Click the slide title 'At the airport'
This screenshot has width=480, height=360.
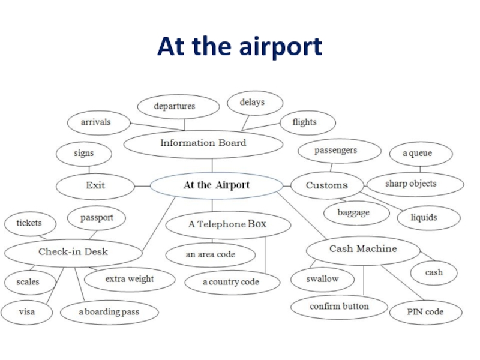click(x=239, y=46)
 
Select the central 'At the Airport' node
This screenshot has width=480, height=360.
click(x=216, y=185)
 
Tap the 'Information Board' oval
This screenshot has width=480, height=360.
click(x=203, y=143)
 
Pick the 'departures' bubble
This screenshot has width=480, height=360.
click(x=175, y=106)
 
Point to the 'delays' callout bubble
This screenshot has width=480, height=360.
click(x=252, y=103)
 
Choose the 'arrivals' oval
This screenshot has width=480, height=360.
click(x=96, y=122)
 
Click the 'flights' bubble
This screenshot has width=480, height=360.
click(x=304, y=122)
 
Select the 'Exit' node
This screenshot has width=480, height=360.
click(x=95, y=185)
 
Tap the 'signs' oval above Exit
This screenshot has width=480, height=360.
click(x=83, y=154)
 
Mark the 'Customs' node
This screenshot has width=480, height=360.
click(x=326, y=185)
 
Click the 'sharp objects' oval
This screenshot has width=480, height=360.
click(x=410, y=184)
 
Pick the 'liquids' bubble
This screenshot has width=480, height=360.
click(x=424, y=217)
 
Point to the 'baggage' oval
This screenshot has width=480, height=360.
click(x=353, y=212)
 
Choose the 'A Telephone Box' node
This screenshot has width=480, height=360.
click(x=227, y=224)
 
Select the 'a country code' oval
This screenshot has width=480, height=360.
click(x=231, y=282)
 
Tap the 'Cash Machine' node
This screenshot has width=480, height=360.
click(x=363, y=249)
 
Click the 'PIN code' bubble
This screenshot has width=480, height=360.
click(x=425, y=312)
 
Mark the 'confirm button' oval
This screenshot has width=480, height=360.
click(x=339, y=307)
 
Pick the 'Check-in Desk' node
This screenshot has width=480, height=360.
click(x=73, y=252)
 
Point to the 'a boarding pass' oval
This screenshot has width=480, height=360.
click(x=109, y=313)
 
